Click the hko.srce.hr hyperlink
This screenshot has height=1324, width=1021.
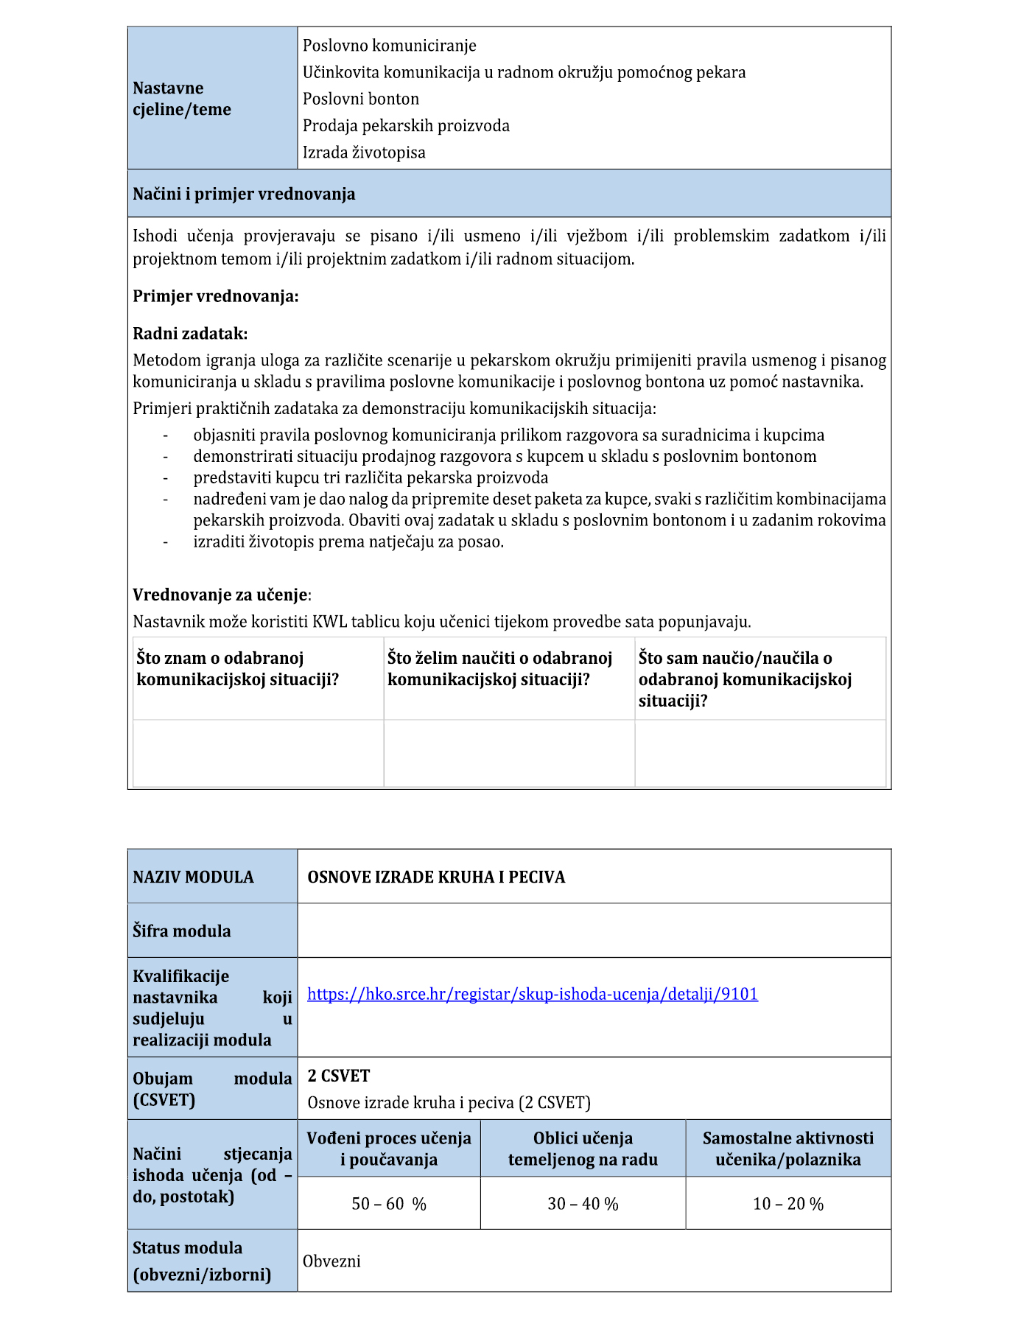click(532, 994)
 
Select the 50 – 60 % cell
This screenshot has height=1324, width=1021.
click(389, 1203)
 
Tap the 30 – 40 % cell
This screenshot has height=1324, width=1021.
click(583, 1203)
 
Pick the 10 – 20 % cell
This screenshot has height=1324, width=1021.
click(787, 1203)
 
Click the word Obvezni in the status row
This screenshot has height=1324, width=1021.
click(331, 1261)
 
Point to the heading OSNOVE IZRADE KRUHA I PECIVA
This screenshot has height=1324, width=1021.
click(436, 877)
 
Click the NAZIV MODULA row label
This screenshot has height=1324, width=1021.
click(193, 877)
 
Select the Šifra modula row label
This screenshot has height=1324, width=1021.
click(181, 931)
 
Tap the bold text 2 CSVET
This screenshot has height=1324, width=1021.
click(338, 1076)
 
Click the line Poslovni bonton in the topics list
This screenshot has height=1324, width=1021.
click(360, 99)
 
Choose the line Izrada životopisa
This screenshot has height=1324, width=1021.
click(364, 153)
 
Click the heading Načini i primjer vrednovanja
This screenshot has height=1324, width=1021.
click(244, 194)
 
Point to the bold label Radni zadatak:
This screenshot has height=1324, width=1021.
click(190, 333)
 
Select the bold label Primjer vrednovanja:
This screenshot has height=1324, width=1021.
click(216, 296)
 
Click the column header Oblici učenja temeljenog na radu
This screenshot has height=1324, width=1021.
click(583, 1148)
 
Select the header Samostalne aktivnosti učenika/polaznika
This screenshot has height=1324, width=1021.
click(787, 1148)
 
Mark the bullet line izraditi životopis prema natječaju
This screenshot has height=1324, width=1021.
click(348, 542)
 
